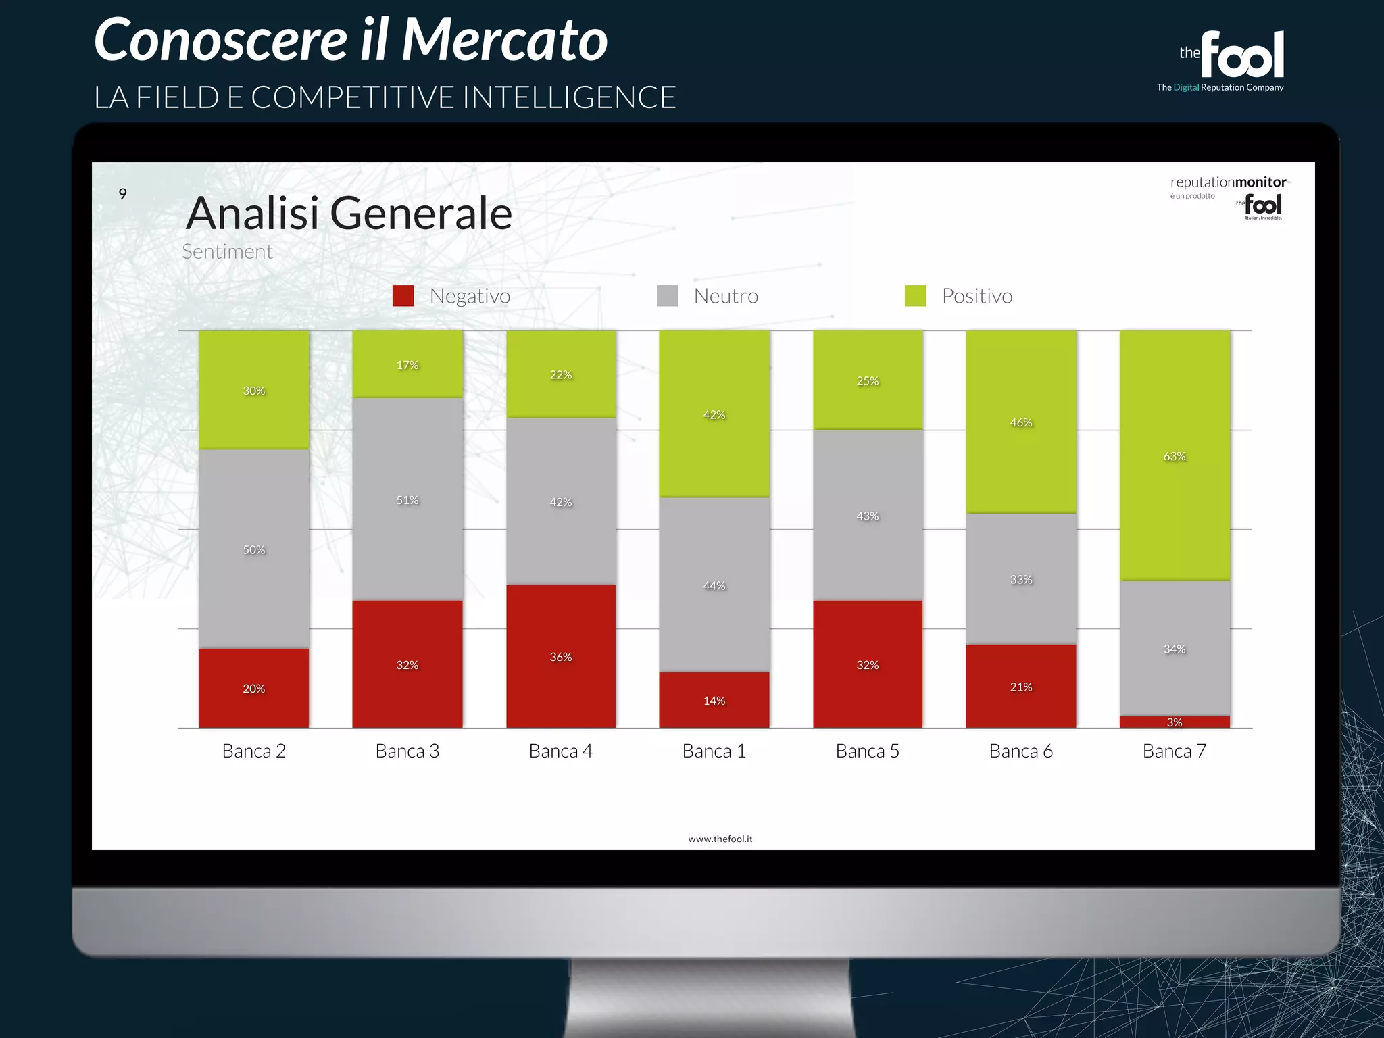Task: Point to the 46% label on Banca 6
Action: point(1021,422)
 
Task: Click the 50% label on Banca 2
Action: point(254,550)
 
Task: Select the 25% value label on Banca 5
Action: point(868,381)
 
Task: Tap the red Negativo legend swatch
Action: point(403,296)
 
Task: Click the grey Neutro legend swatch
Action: point(668,296)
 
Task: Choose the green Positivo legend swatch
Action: point(916,296)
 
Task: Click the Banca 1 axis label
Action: point(714,751)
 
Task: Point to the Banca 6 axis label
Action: point(1021,751)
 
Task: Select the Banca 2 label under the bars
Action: point(254,751)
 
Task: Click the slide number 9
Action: point(122,194)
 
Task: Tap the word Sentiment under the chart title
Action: point(227,251)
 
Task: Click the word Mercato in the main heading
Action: point(505,41)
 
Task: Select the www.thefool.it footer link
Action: point(720,839)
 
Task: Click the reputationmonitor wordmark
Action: point(1228,182)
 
